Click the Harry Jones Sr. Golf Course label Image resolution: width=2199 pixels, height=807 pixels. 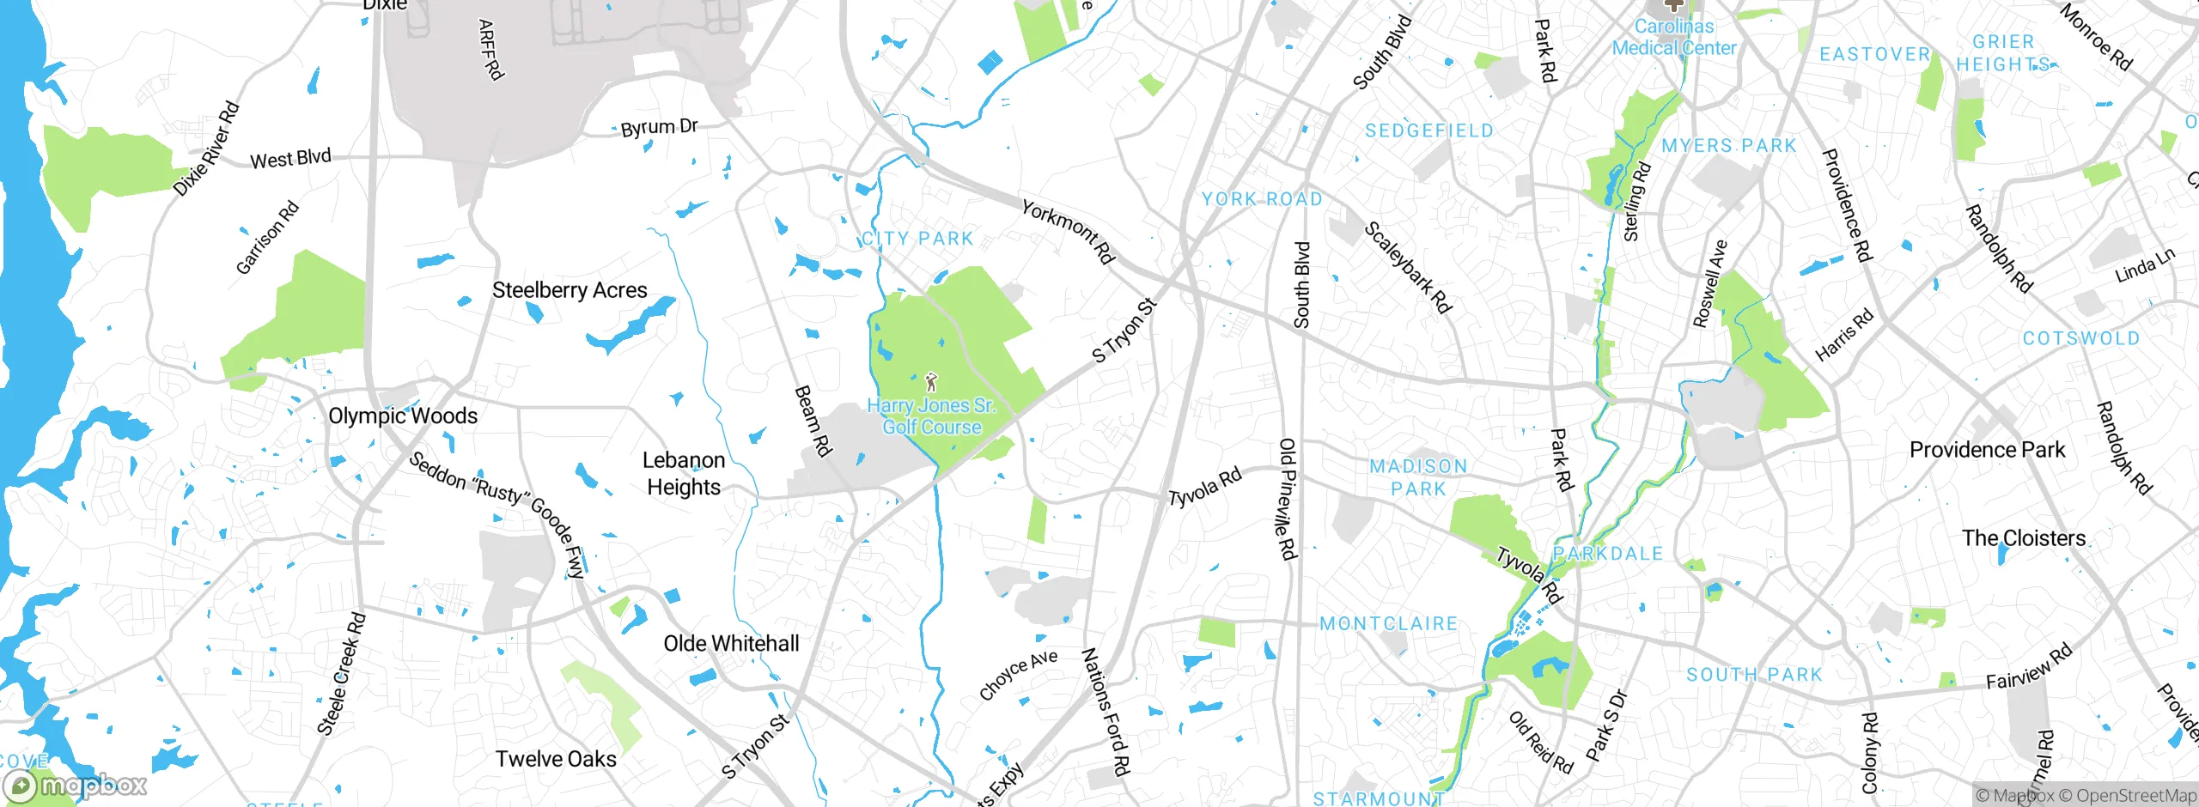click(x=932, y=416)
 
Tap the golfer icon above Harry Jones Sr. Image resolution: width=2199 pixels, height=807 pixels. click(x=931, y=382)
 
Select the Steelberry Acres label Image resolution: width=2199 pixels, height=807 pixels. click(x=570, y=290)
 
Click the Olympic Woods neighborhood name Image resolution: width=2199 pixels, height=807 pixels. click(x=403, y=416)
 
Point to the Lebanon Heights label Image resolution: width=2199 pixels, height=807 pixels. click(x=684, y=473)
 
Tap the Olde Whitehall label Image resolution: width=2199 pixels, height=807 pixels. click(x=731, y=643)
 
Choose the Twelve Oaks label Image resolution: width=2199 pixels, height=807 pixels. click(x=556, y=759)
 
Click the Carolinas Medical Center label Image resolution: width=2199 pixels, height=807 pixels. click(x=1674, y=38)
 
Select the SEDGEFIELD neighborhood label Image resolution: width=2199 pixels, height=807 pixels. click(x=1429, y=130)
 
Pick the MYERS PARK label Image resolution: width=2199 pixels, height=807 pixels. click(x=1728, y=146)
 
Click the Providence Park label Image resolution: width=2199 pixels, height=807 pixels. click(x=1987, y=450)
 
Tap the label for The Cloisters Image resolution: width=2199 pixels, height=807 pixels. click(x=2023, y=538)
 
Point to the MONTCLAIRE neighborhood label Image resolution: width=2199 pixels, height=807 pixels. click(x=1388, y=623)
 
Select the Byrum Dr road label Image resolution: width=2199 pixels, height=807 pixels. click(x=659, y=128)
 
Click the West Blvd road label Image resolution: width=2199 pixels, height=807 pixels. click(x=290, y=159)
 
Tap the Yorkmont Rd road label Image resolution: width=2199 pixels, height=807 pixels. click(x=1068, y=231)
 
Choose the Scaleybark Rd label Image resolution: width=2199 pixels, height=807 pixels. click(x=1407, y=267)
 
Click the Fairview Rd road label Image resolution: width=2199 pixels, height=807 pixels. click(x=2029, y=667)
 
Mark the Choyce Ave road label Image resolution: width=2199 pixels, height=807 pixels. click(x=1018, y=674)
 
